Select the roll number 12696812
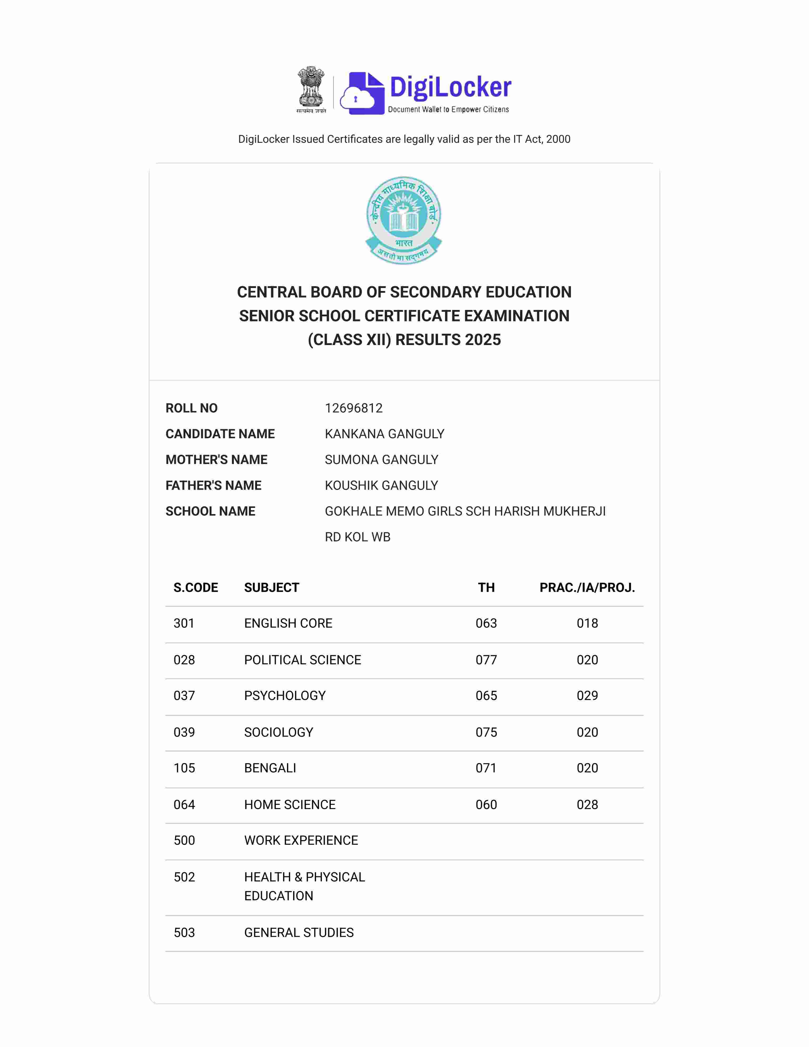(354, 408)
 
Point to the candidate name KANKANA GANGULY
(384, 434)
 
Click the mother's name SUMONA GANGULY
(382, 460)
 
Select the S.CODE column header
(196, 588)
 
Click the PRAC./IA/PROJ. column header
(587, 588)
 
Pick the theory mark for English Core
(486, 623)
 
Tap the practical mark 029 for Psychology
(587, 696)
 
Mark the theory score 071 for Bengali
(486, 768)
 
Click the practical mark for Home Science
(587, 804)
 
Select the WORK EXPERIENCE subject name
(301, 840)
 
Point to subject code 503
(184, 932)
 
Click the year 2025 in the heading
(483, 340)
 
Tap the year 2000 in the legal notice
(558, 139)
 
